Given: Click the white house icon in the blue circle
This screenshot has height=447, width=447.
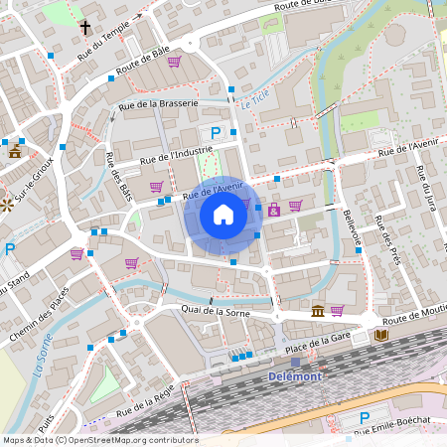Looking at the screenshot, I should coord(223,214).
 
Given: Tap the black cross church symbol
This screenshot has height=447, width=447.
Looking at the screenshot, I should coord(85,28).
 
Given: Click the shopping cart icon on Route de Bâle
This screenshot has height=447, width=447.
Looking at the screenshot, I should coord(175,62).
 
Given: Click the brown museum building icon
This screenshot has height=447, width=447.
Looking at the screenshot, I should coord(317,312).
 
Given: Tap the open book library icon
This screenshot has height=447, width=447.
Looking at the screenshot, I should coord(381,336).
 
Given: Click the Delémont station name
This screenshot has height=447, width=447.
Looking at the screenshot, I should coord(297,376).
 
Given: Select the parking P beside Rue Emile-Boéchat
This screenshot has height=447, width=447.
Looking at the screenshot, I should coord(364,418).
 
